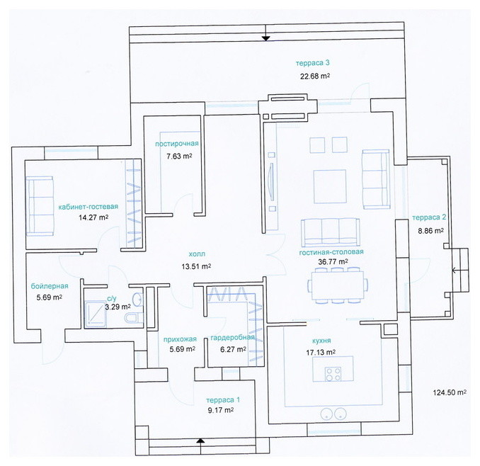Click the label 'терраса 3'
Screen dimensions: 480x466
tap(312, 63)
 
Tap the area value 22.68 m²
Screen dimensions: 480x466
tap(315, 76)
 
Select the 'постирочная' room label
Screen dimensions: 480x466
tap(176, 144)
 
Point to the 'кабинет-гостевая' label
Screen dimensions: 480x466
tap(88, 207)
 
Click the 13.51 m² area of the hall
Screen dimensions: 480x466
tap(196, 266)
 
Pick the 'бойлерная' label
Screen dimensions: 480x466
tap(50, 286)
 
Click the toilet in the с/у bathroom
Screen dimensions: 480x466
tap(134, 317)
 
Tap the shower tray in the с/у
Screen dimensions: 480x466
tap(96, 314)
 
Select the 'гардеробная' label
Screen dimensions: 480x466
tap(233, 337)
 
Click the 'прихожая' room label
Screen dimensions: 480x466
tap(180, 339)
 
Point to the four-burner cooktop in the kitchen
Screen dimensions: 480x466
tap(333, 373)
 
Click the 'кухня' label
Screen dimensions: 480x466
tap(321, 341)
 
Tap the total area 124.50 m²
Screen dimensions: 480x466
tap(450, 392)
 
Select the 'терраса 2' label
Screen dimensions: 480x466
tap(429, 217)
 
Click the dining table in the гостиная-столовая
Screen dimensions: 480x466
tap(338, 285)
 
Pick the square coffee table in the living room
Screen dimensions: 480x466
tap(330, 186)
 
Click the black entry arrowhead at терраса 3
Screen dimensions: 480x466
tap(265, 38)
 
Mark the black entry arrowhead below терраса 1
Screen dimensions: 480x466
tap(200, 441)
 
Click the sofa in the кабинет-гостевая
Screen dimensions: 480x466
tap(40, 206)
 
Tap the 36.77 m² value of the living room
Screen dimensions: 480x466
tap(333, 262)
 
